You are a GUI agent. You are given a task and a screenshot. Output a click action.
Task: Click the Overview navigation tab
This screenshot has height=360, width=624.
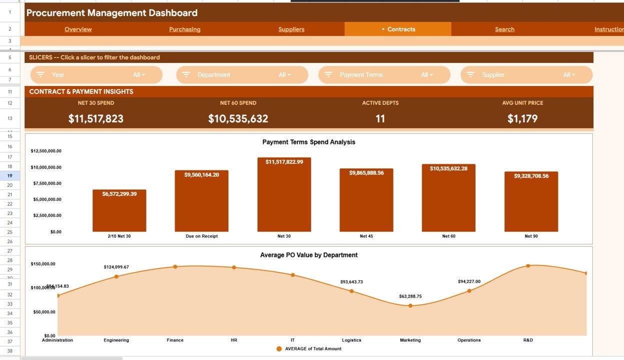pos(78,29)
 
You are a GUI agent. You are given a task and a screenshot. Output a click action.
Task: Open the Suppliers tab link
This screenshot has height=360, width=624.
pos(291,29)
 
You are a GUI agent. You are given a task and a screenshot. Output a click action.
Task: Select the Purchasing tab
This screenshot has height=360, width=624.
pos(184,29)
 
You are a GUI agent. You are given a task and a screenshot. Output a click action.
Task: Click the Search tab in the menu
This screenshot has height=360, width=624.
pos(504,29)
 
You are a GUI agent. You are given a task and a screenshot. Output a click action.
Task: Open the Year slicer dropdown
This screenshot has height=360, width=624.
pos(96,75)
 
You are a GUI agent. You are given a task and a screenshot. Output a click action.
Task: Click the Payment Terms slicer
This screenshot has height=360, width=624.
pos(384,75)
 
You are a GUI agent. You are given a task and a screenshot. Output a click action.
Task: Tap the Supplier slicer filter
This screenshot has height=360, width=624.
pos(526,75)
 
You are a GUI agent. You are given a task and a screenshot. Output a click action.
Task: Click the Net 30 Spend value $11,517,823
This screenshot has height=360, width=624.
pos(96,119)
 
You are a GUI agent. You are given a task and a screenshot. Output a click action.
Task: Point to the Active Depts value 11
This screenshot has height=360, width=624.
pos(380,119)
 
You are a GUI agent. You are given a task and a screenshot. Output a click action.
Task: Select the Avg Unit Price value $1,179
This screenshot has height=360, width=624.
pos(522,119)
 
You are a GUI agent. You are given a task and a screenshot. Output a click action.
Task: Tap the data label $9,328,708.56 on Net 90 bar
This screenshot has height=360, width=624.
pos(531,176)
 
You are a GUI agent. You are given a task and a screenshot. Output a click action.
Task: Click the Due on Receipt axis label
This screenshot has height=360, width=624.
pos(201,236)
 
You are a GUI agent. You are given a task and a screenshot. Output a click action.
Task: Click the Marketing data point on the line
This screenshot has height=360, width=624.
pos(410,305)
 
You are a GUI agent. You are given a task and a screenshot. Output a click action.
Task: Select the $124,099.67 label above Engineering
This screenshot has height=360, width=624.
pos(116,267)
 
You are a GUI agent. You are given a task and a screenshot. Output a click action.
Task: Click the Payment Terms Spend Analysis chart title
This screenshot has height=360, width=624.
pos(308,142)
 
